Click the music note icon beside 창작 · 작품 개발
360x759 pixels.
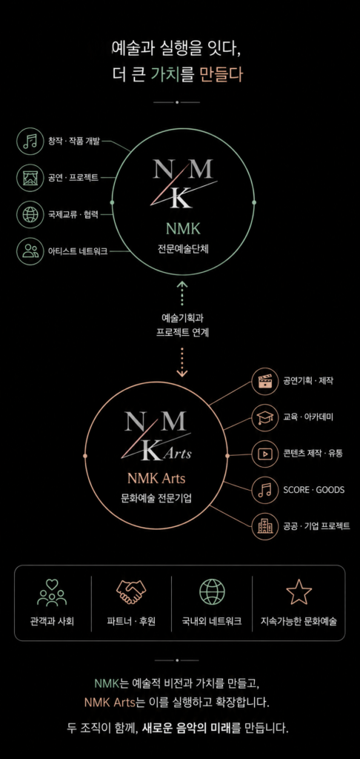pos(30,142)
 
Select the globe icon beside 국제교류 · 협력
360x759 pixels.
pos(30,214)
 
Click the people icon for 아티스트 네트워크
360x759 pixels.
pos(30,251)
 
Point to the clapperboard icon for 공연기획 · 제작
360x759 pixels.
pos(264,381)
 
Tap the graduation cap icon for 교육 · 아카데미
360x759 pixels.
pos(264,417)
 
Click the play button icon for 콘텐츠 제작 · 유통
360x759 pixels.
pos(264,454)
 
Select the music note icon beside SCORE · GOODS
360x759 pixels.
pos(264,490)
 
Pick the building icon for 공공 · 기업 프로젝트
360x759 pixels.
pos(264,526)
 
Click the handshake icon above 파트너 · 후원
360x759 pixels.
pos(131,591)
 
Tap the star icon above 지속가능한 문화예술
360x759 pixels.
pos(299,591)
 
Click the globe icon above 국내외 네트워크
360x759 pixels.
pos(212,591)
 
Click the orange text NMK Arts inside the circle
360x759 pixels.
pos(156,479)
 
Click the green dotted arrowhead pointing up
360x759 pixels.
pos(182,286)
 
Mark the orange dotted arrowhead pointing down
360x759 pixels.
pos(182,373)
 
